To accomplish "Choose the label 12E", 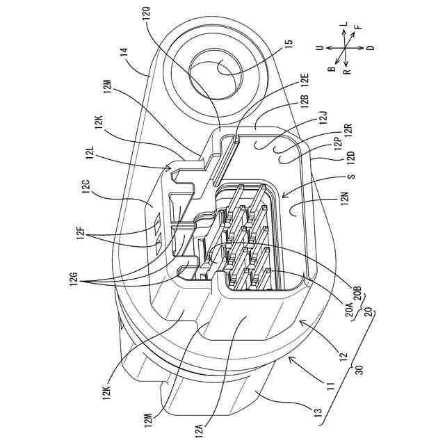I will pos(304,86).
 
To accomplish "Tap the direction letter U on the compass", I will pos(319,49).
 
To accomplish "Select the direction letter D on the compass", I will pos(370,47).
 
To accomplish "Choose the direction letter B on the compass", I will pos(332,68).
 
